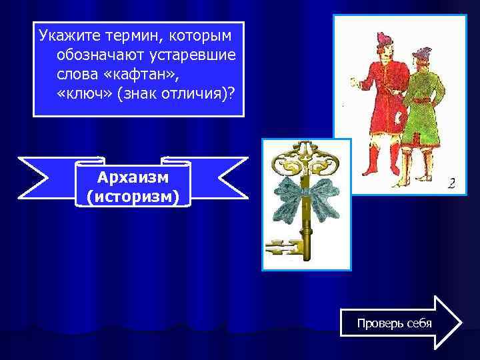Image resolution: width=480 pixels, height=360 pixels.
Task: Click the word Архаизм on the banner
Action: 133,177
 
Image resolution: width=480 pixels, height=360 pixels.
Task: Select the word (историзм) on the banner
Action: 133,197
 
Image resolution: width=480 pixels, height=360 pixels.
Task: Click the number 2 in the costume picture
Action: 451,182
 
